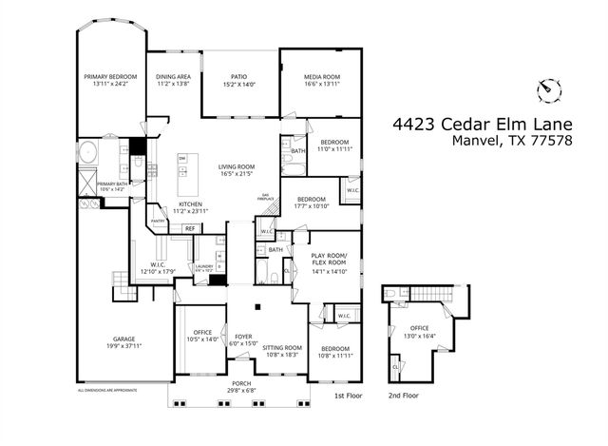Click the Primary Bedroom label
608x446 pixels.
(110, 76)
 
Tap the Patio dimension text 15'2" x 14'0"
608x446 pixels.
(239, 86)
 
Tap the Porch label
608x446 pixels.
(239, 382)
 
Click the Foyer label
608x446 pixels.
(244, 336)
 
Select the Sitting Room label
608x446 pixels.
(282, 347)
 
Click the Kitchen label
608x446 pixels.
(191, 204)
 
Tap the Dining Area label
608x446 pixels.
(173, 76)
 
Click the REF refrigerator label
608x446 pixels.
(190, 228)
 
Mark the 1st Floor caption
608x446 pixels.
(347, 395)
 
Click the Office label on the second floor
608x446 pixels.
(419, 329)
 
